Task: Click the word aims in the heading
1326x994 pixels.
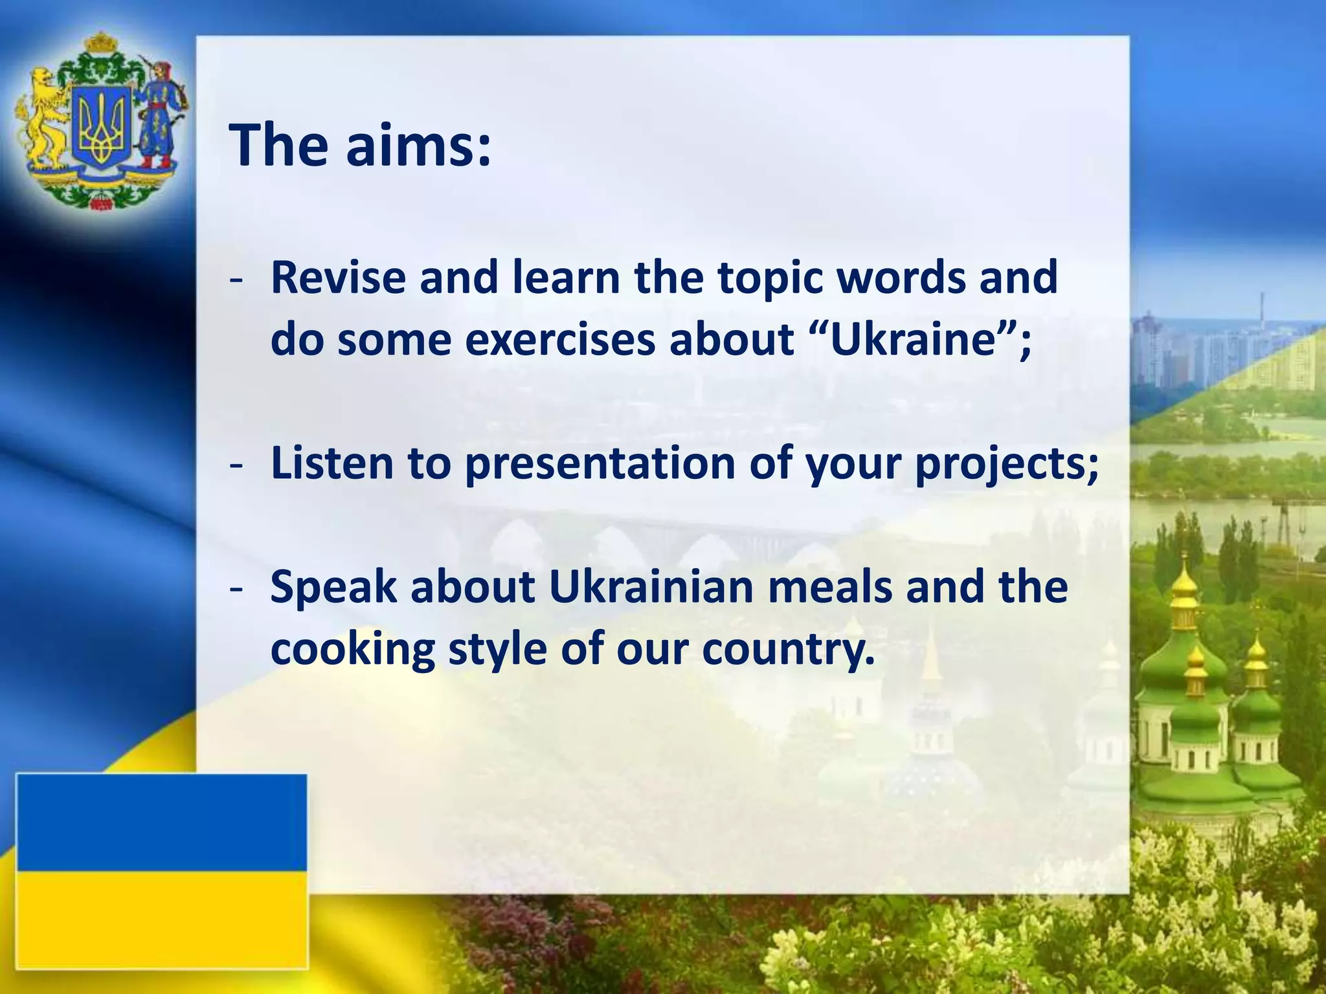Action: pyautogui.click(x=418, y=146)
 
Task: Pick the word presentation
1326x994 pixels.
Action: pyautogui.click(x=600, y=465)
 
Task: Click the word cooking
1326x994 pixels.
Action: pyautogui.click(x=352, y=650)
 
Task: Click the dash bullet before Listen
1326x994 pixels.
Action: pyautogui.click(x=236, y=465)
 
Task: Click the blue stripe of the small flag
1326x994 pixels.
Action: pyautogui.click(x=161, y=822)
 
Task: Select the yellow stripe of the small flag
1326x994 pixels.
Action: pyautogui.click(x=161, y=919)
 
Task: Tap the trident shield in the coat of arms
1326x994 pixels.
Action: pyautogui.click(x=100, y=126)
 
